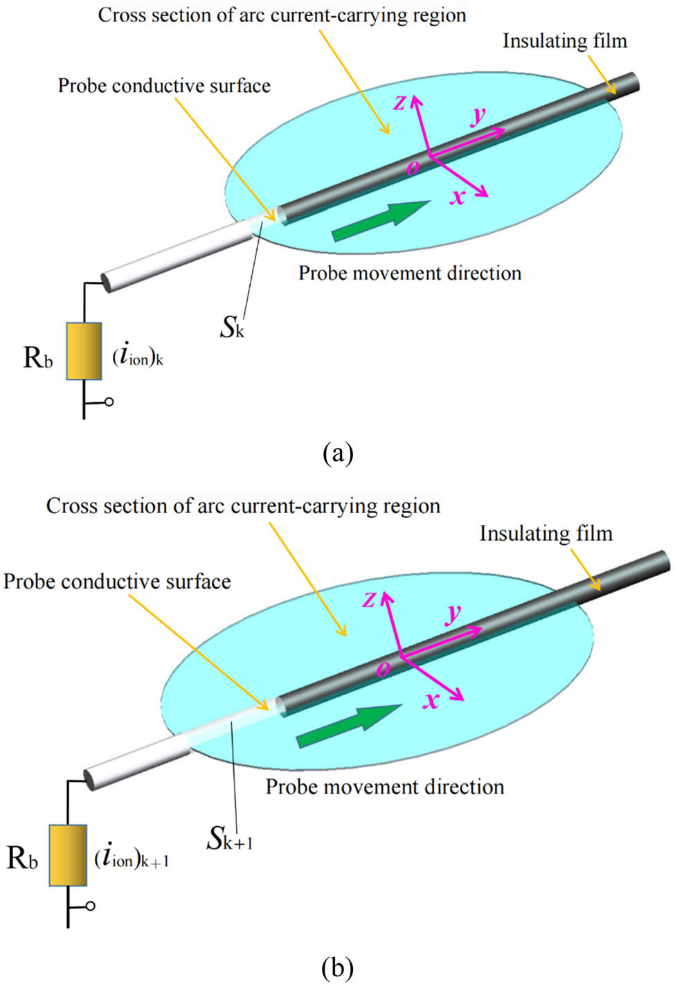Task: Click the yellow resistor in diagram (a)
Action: coord(84,351)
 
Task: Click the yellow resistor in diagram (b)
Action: coord(68,855)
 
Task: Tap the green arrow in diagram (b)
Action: coord(349,724)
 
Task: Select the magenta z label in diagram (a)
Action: coord(400,103)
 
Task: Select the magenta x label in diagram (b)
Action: coord(431,701)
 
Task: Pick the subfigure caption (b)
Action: coord(338,967)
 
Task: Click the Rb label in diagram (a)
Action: coord(38,357)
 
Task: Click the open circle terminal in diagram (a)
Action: coord(109,402)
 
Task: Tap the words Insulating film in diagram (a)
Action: coord(564,41)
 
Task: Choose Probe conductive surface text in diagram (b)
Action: coord(117,581)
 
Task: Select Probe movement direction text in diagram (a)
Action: coord(410,273)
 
